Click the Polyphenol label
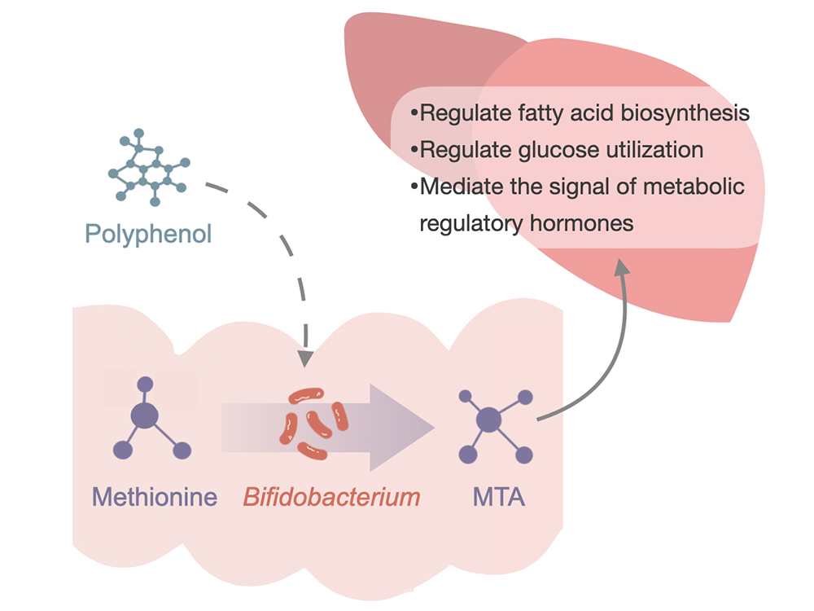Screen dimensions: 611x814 (x=148, y=234)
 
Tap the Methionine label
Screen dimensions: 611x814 (x=155, y=496)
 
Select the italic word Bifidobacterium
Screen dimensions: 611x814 (x=332, y=496)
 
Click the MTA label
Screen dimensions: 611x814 (x=499, y=496)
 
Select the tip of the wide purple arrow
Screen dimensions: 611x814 (x=432, y=427)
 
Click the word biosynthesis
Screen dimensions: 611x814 (x=686, y=112)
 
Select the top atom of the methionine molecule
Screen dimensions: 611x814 (x=145, y=382)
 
